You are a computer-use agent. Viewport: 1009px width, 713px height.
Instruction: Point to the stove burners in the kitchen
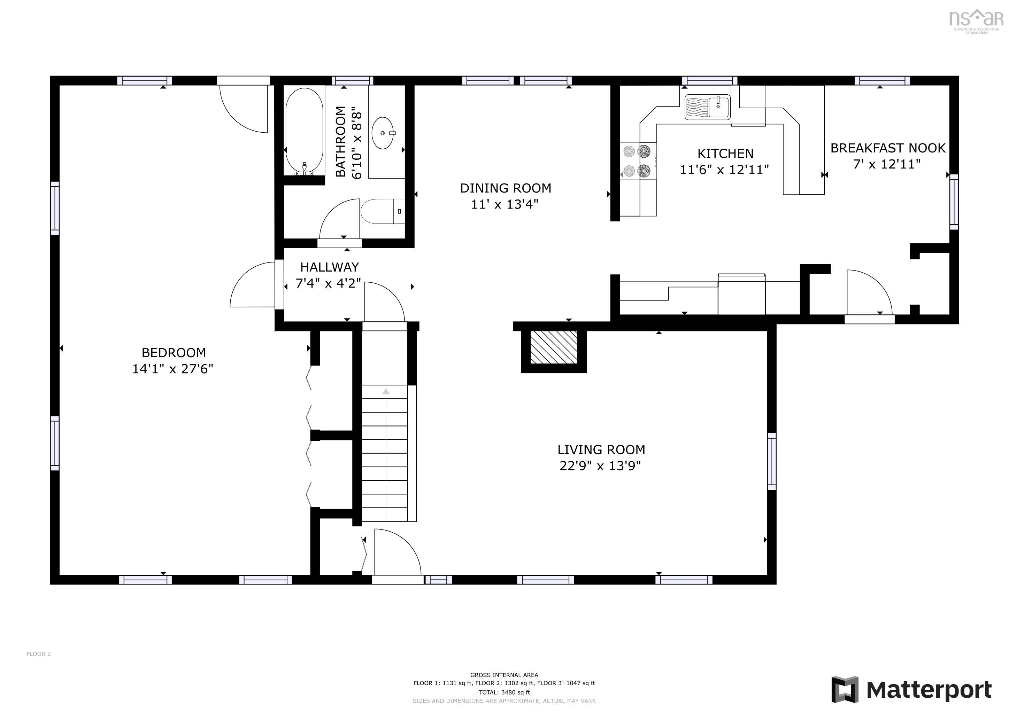pos(638,161)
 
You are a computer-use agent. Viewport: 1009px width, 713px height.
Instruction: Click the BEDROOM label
pos(174,353)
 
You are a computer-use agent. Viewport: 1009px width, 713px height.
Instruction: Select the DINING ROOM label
pos(506,188)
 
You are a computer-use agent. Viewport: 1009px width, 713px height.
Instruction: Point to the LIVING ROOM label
pos(601,449)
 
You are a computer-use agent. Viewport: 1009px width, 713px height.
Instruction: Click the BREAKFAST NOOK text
pos(888,148)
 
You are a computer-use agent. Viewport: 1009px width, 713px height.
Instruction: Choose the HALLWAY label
pos(330,267)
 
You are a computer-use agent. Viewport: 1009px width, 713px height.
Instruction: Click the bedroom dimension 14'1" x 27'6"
pos(173,369)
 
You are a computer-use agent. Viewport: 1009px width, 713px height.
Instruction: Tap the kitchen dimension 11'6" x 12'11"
pos(725,170)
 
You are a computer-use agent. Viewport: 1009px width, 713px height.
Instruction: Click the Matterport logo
pos(911,690)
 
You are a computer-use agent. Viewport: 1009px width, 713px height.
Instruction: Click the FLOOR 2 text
pos(39,654)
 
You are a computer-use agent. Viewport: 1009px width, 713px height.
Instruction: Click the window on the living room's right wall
pos(772,461)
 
